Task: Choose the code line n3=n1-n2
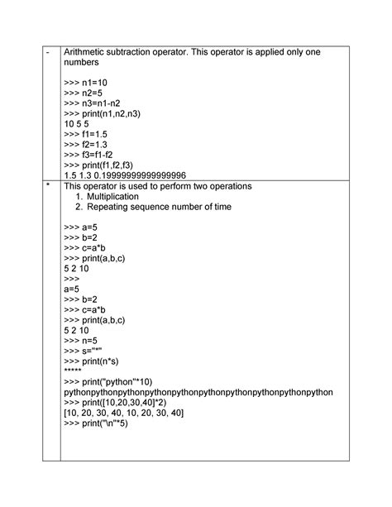(94, 109)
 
